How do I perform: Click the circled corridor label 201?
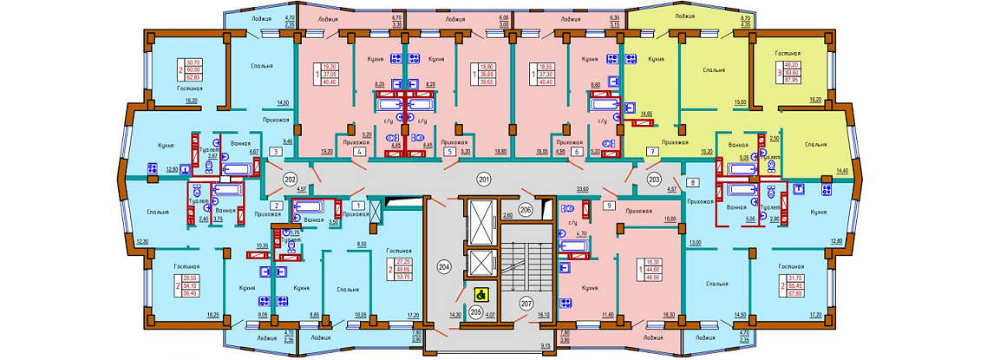click(484, 179)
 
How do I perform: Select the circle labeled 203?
click(654, 179)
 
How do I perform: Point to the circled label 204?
click(444, 267)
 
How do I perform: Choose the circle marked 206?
click(526, 210)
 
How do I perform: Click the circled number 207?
click(526, 302)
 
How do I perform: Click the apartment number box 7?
click(650, 152)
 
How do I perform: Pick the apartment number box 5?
click(449, 152)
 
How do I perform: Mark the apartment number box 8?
click(693, 182)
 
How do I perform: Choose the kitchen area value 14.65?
click(644, 114)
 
